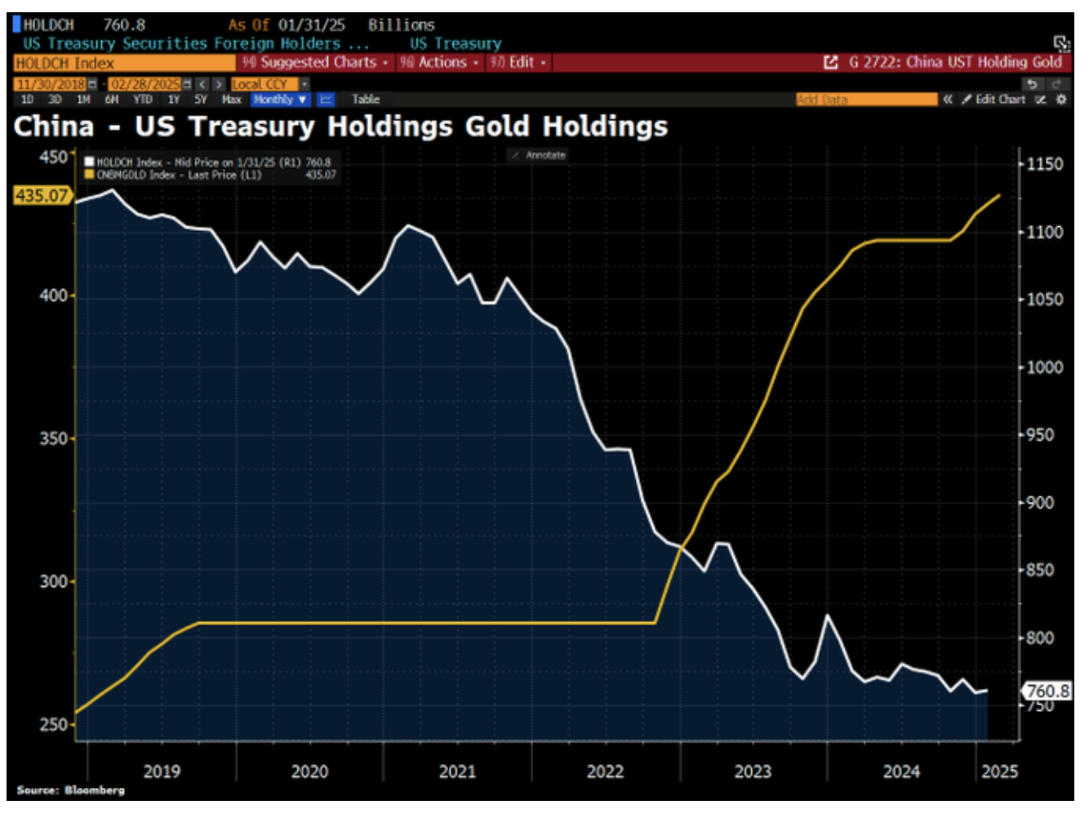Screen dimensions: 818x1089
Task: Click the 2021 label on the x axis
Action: pyautogui.click(x=457, y=771)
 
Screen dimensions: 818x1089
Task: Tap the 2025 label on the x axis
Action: pyautogui.click(x=999, y=771)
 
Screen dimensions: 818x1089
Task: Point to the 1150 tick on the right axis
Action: pyautogui.click(x=1044, y=164)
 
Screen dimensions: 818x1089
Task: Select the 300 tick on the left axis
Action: pyautogui.click(x=53, y=581)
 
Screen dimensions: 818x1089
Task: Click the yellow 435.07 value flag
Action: pyautogui.click(x=42, y=196)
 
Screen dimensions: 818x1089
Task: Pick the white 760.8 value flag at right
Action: pyautogui.click(x=1047, y=691)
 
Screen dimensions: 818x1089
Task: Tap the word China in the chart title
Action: pyautogui.click(x=54, y=127)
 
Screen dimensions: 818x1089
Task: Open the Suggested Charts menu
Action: pyautogui.click(x=315, y=63)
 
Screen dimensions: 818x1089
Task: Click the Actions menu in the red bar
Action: pyautogui.click(x=439, y=63)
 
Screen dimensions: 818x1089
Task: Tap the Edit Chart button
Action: pyautogui.click(x=993, y=100)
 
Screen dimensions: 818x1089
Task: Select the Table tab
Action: pyautogui.click(x=366, y=100)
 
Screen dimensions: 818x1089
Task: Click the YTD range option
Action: pyautogui.click(x=143, y=100)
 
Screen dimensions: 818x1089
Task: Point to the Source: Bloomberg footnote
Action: pyautogui.click(x=71, y=790)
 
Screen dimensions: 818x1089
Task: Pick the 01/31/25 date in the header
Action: pyautogui.click(x=311, y=25)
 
